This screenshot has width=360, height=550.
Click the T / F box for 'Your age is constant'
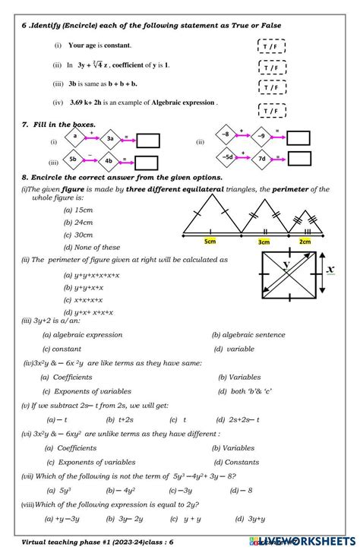point(270,47)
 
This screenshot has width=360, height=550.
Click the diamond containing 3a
point(110,139)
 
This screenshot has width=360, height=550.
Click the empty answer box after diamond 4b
point(147,161)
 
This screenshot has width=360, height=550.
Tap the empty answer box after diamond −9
point(298,138)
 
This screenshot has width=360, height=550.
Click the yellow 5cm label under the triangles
point(211,241)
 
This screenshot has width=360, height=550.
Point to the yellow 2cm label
point(304,241)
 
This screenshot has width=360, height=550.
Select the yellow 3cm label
point(264,241)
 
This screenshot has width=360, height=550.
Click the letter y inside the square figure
point(286,266)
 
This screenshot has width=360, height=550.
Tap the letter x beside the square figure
point(330,269)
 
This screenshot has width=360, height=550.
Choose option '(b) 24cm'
point(79,223)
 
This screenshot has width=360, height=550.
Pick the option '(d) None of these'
point(92,247)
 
